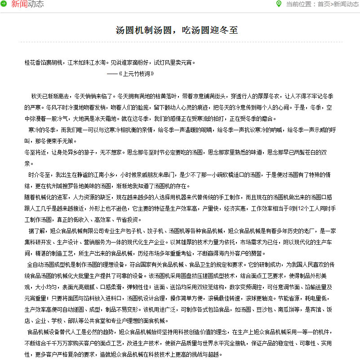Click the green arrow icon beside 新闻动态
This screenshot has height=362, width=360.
coord(4,4)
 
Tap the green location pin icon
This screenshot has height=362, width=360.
coord(279,4)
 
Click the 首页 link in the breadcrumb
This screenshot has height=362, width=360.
coord(324,4)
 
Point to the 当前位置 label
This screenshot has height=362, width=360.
coord(300,4)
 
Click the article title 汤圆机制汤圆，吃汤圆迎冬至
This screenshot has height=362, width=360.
coord(177,30)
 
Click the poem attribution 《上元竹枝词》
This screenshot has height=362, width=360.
coord(134,73)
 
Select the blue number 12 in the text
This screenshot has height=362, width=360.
coord(301,209)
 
